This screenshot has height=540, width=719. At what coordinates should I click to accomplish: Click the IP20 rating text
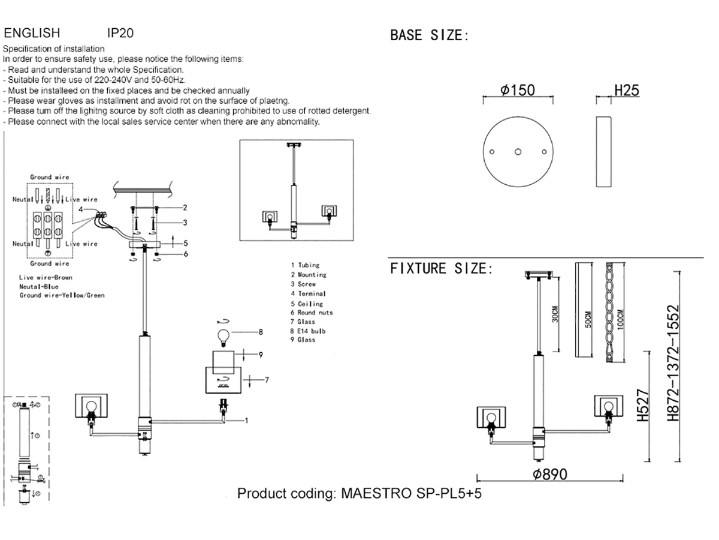tap(120, 32)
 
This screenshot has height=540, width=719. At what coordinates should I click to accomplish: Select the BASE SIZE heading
tap(428, 35)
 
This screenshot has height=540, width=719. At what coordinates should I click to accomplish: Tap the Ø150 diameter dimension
tap(518, 91)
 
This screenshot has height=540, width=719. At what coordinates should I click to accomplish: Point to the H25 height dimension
tap(626, 91)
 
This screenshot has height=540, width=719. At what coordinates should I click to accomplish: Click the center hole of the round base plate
tap(518, 151)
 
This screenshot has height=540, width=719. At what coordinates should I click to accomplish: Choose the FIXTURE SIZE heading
tap(441, 268)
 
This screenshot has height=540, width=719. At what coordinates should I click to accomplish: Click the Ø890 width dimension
tap(549, 474)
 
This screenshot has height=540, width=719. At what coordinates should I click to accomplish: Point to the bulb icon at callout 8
tap(223, 335)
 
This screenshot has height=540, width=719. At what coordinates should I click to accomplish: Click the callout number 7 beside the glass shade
tap(267, 380)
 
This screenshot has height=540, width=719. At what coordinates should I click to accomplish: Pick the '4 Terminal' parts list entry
tap(308, 293)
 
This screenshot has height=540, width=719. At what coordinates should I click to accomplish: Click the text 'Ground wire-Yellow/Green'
tap(62, 295)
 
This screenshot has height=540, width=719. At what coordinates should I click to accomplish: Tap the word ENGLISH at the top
tap(32, 32)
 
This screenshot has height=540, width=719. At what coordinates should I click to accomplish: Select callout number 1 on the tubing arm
tap(246, 421)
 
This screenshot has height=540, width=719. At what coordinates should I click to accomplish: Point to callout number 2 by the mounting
tap(185, 208)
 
